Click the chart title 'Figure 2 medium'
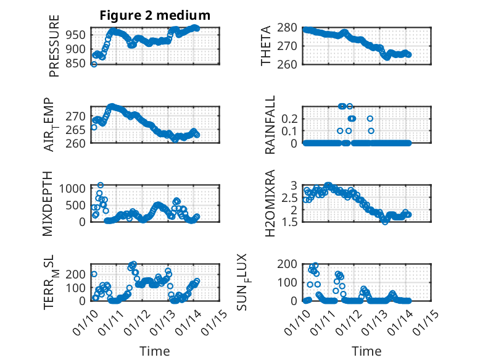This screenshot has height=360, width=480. tap(155, 15)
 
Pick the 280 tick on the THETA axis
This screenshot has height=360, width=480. tap(290, 28)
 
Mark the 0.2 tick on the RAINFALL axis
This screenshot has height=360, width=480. tap(290, 118)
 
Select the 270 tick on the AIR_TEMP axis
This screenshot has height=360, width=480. tap(78, 116)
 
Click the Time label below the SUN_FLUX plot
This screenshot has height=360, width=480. tap(366, 351)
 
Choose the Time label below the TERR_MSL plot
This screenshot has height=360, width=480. tap(155, 351)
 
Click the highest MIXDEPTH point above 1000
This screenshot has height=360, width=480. tap(101, 185)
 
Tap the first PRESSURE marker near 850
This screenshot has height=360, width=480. tap(94, 64)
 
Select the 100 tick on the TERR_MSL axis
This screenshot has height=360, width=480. tap(78, 287)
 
